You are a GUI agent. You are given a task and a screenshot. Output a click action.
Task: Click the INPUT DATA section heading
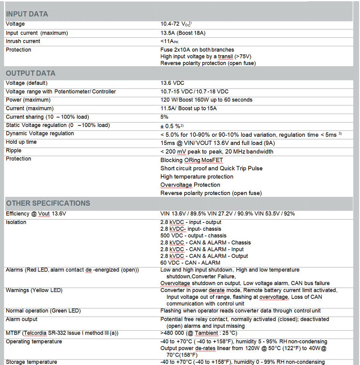coord(27,14)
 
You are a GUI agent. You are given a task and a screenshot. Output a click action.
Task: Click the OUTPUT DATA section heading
coord(30,73)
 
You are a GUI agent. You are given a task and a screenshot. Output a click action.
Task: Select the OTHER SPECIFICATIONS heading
coord(48,203)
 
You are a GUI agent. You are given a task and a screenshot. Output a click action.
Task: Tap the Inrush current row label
coord(23,41)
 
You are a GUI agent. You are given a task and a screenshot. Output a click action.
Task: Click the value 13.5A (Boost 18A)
coord(183,33)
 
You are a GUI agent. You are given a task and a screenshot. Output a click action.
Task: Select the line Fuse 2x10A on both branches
coord(197,50)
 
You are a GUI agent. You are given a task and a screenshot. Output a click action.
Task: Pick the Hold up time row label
coord(21,142)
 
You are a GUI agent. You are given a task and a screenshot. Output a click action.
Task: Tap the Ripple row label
coord(13,150)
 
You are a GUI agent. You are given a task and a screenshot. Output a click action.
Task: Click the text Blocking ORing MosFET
coord(191,160)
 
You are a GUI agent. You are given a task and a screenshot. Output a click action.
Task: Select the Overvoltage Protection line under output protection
coord(190,185)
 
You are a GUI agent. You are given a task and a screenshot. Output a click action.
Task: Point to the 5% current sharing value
coord(164,117)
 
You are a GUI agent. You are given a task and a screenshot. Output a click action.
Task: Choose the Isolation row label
coord(16,222)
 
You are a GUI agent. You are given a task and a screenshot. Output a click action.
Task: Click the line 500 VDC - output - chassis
coord(193,236)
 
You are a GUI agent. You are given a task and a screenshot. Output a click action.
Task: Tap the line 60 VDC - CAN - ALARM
coord(190,263)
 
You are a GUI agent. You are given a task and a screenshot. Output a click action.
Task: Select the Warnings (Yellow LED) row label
coord(34,290)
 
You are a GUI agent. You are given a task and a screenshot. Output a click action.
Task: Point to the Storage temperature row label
coord(31,362)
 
